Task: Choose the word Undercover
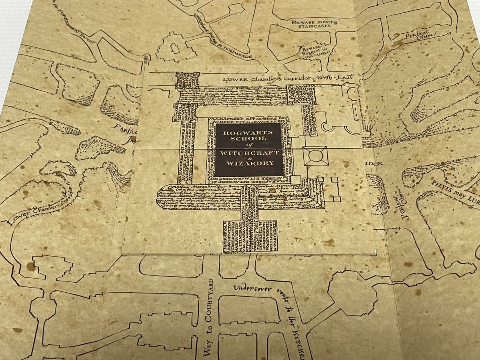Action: tap(253, 288)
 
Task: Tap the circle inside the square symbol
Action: tap(315, 156)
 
